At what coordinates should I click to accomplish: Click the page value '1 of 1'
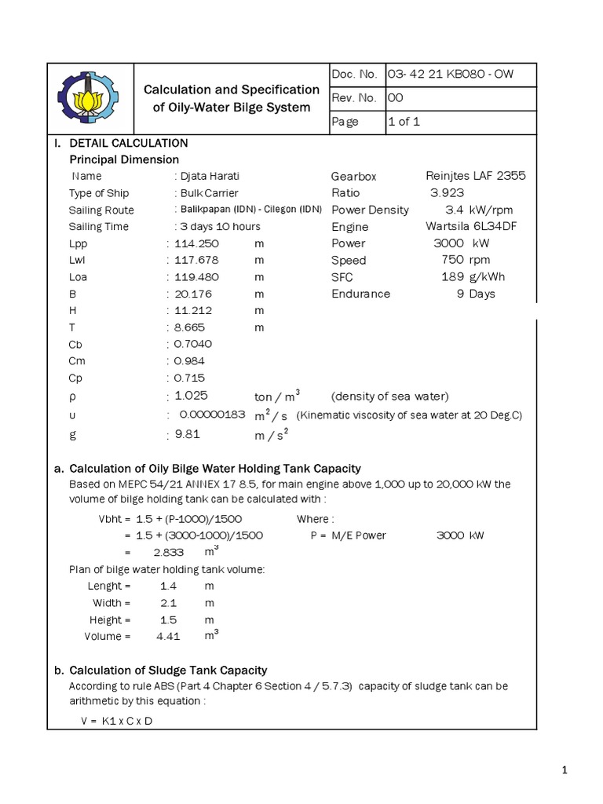point(404,122)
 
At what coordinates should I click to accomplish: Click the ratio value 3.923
point(447,193)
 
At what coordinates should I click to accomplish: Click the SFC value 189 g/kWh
point(468,277)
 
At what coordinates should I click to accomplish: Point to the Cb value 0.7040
point(194,344)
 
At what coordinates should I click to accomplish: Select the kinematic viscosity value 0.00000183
point(212,415)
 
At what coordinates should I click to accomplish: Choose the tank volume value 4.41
point(168,636)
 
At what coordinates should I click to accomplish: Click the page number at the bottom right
point(565,773)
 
